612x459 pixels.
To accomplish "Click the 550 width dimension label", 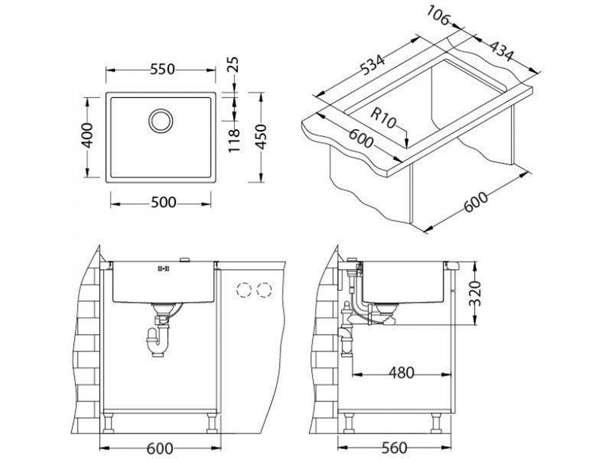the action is click(x=162, y=69).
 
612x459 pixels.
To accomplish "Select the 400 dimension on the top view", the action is click(x=87, y=135).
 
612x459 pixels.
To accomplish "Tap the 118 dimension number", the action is click(x=234, y=141).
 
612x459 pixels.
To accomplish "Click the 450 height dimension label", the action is click(x=261, y=137).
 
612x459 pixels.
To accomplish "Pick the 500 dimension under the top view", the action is click(x=163, y=203).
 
